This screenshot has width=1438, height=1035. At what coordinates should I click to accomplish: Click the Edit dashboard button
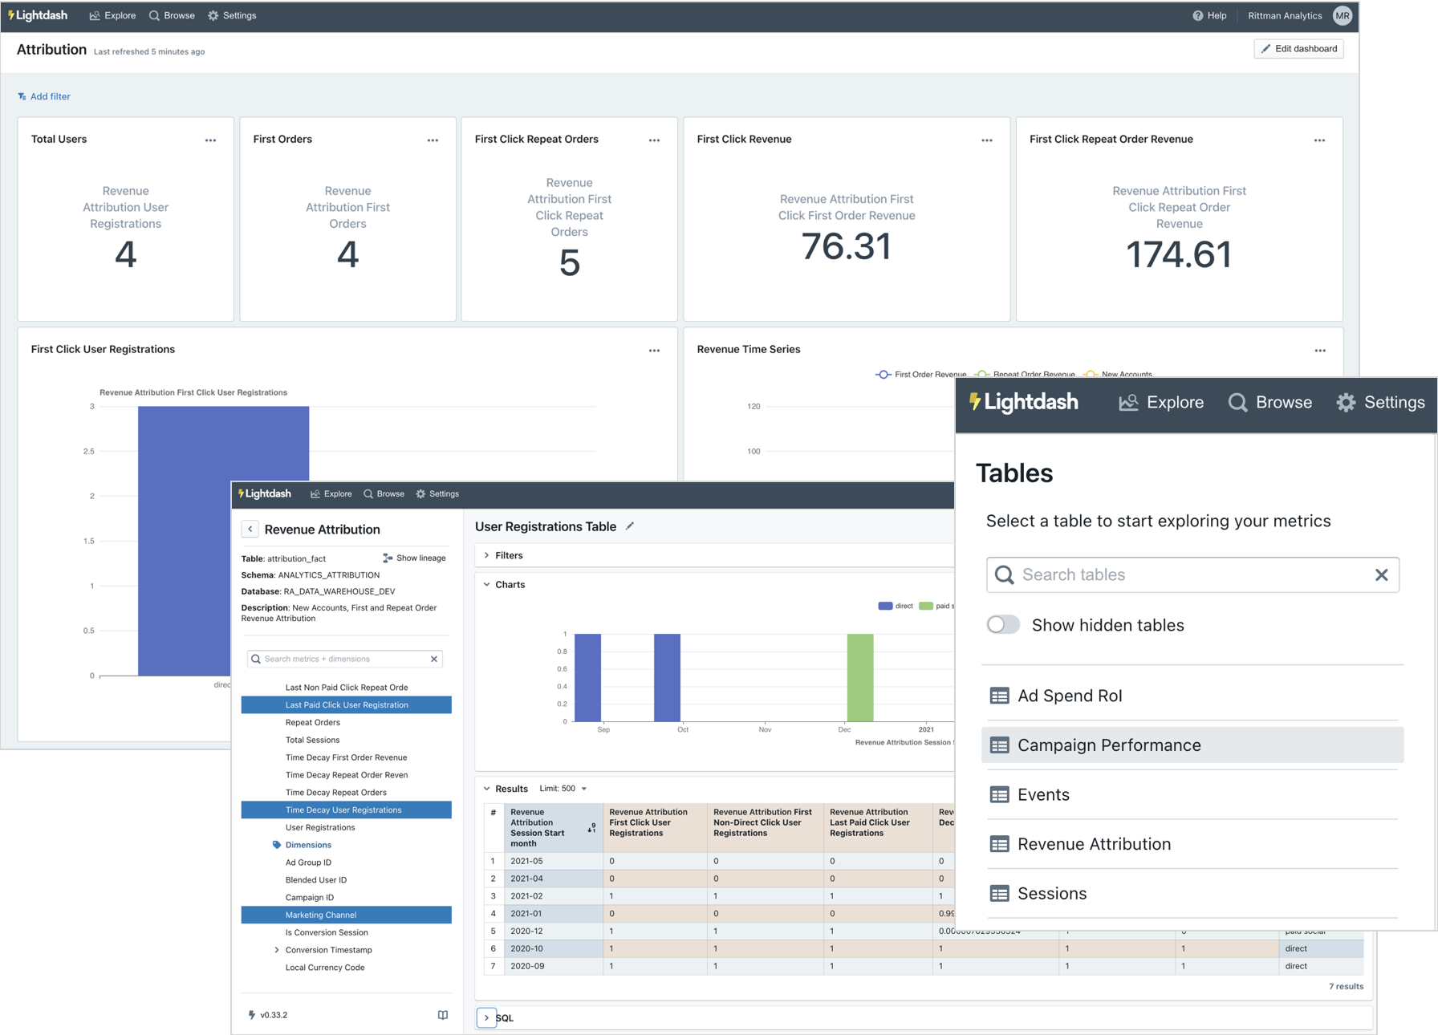1298,49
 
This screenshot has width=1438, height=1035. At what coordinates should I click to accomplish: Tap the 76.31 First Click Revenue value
846,246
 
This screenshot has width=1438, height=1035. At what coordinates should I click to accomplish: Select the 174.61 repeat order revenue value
1178,254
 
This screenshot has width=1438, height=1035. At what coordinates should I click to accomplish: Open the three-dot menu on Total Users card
210,140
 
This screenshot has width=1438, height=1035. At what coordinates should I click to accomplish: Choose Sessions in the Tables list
1051,894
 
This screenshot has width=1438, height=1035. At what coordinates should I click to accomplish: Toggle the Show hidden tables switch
1003,625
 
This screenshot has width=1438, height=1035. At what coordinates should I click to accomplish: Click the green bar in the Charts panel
859,677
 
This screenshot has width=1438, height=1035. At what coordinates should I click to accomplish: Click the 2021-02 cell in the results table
526,895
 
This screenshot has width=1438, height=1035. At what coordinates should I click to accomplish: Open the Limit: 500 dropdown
563,789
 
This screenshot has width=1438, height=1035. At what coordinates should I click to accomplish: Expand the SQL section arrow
486,1017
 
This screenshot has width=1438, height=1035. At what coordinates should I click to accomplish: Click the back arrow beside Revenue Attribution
250,529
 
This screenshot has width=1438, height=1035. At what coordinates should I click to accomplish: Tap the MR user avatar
1342,15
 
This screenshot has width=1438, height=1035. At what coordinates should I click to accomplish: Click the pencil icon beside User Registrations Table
630,526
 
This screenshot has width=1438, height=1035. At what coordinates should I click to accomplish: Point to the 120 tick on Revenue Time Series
754,407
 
